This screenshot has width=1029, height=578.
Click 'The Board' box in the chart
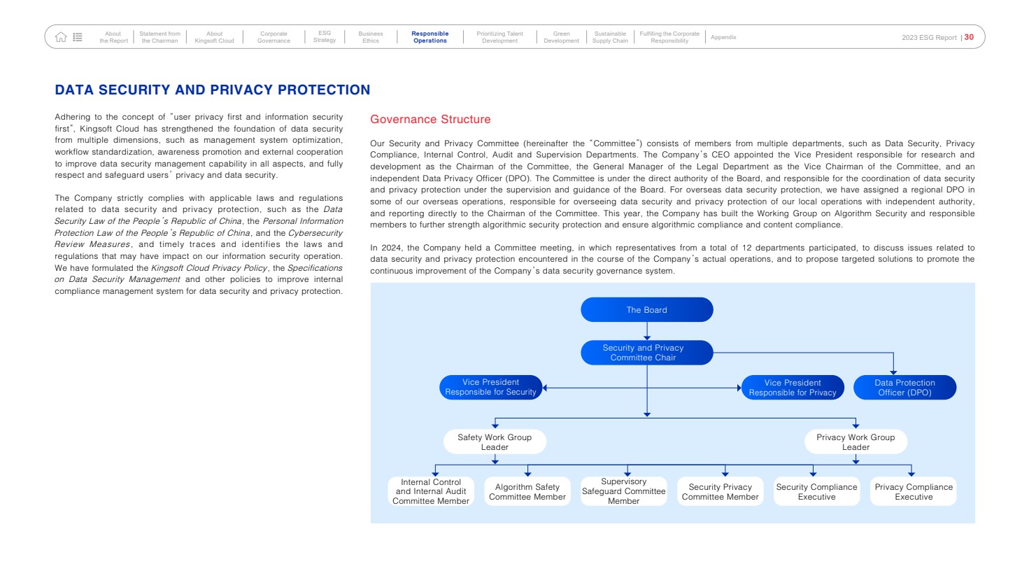[646, 310]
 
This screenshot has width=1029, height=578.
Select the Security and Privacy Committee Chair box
[646, 353]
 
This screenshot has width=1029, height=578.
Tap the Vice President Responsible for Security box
[490, 387]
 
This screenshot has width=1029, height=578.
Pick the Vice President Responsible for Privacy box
[793, 388]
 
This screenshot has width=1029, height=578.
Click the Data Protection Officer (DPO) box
[904, 388]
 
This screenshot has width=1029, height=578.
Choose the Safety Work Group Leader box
[495, 442]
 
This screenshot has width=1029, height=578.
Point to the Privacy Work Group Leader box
[856, 442]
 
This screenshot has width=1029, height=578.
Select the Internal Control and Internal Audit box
[431, 491]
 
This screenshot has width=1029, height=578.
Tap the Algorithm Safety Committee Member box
[527, 492]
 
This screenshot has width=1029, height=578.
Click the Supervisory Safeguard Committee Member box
[624, 491]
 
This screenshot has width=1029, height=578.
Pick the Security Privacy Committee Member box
[720, 492]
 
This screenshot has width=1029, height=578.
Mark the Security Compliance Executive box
[816, 492]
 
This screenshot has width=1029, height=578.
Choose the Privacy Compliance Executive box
[914, 492]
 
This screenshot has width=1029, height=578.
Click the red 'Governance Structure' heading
[430, 120]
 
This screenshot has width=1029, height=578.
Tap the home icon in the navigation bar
[61, 37]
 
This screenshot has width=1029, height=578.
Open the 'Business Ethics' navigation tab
[371, 37]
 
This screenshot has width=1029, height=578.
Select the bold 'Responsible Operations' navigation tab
[430, 37]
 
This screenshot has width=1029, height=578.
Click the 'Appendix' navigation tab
[723, 37]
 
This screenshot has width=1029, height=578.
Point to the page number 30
[969, 37]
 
